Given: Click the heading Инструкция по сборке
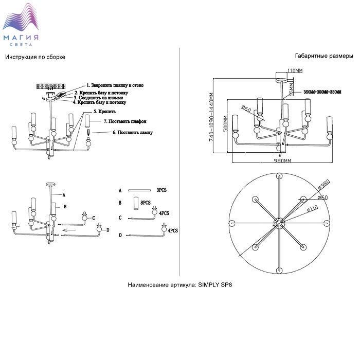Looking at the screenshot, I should (x=35, y=57).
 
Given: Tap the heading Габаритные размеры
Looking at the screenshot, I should (x=324, y=56).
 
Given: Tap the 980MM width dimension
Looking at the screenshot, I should (x=282, y=161).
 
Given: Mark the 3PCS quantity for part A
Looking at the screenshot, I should (x=161, y=190).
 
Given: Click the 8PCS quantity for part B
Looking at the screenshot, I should (x=146, y=203).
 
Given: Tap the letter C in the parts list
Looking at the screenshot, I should (x=120, y=218).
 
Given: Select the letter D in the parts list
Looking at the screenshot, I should (x=120, y=236).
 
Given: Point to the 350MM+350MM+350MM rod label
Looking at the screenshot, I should (x=322, y=92).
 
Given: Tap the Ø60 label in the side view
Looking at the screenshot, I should (x=245, y=110).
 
